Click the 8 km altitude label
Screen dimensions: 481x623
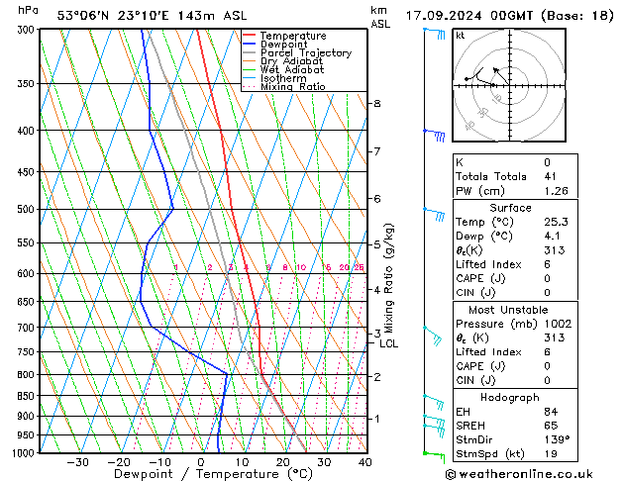(376, 103)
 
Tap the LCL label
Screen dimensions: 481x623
(389, 344)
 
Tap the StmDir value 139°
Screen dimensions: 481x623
(558, 439)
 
